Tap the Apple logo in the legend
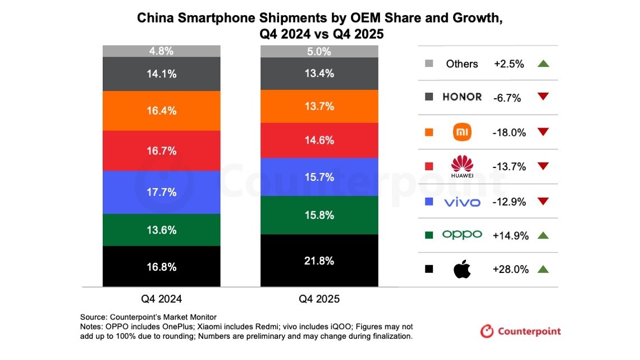point(461,269)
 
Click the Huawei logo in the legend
point(463,166)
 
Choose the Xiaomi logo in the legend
point(462,132)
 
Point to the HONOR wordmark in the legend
point(462,97)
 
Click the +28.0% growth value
point(510,270)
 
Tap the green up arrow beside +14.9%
point(542,236)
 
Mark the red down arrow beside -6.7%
point(542,98)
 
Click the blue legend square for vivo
point(429,201)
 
